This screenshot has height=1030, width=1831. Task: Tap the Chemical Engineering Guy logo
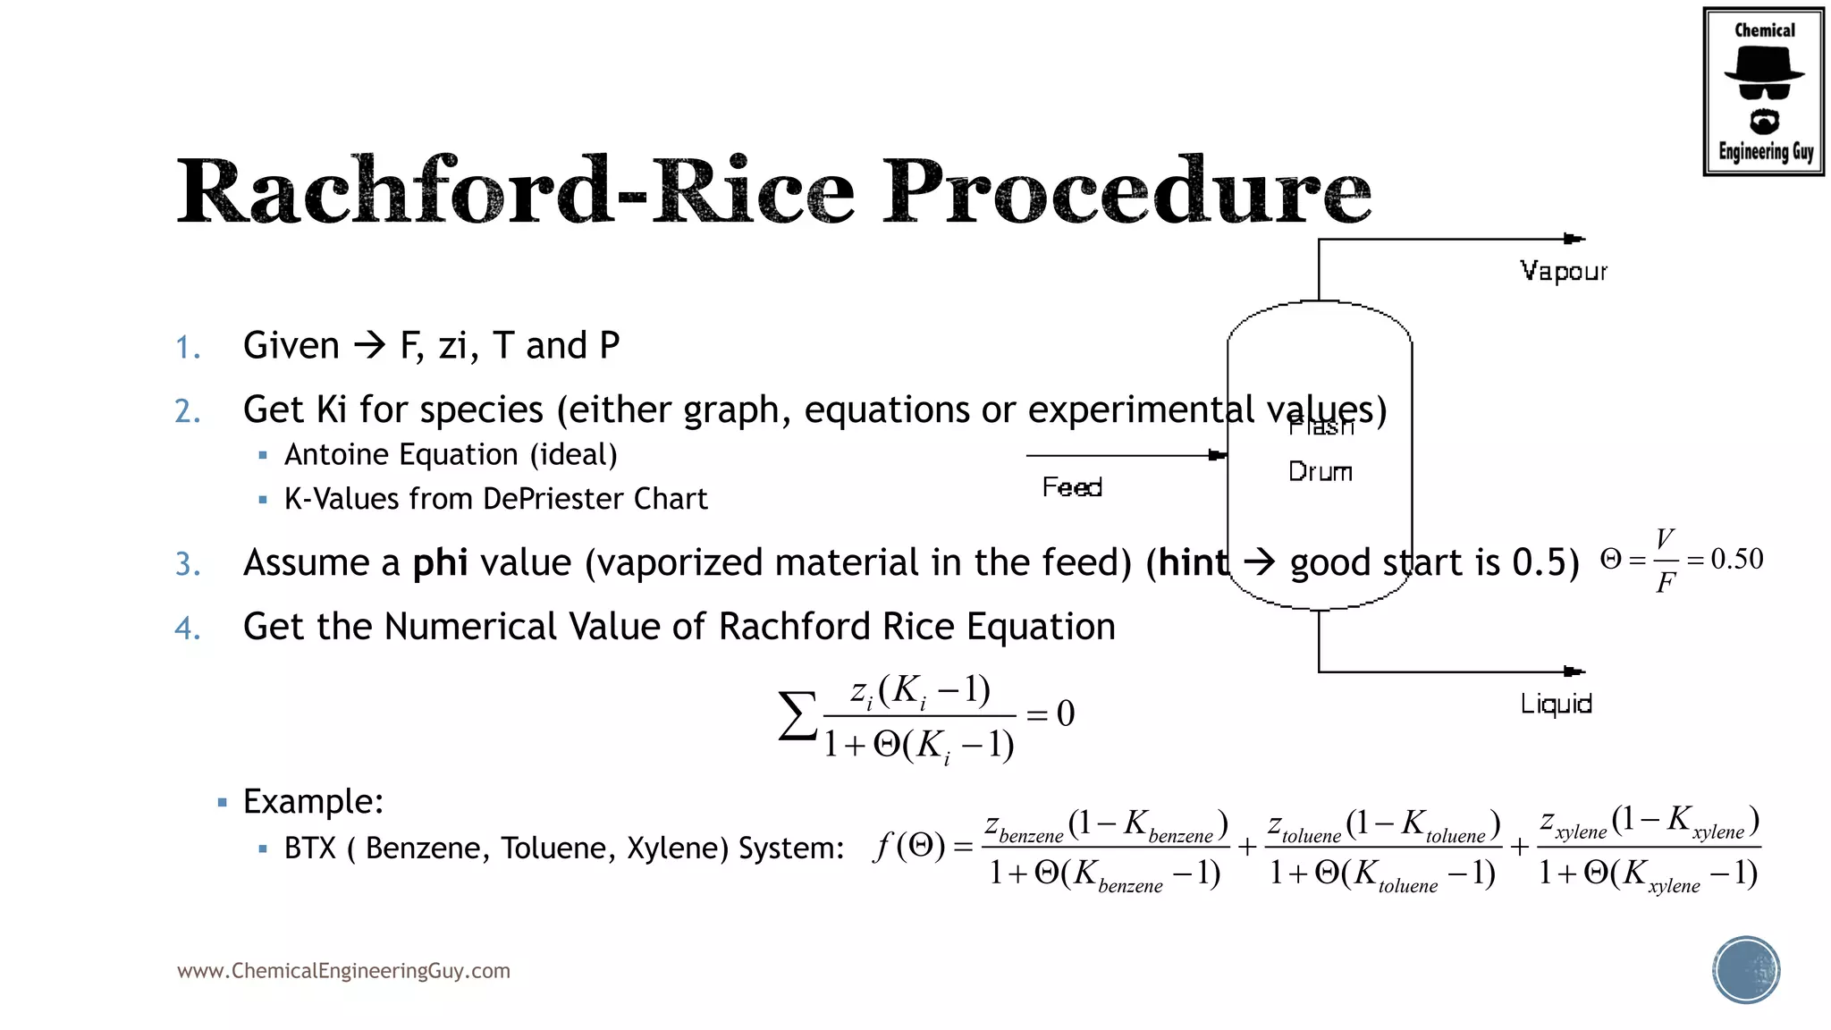[1763, 92]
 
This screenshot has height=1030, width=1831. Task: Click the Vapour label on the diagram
[1563, 271]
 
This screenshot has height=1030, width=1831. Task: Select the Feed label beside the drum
[1072, 487]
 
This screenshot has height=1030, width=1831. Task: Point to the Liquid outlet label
[1556, 704]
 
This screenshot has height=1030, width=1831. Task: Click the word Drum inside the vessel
[1320, 472]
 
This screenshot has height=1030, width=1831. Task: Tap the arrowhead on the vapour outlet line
[1574, 239]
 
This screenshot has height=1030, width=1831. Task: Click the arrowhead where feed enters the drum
[1217, 455]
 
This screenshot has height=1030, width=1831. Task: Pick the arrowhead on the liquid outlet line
[1574, 671]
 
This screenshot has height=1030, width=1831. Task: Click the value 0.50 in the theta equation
[1736, 560]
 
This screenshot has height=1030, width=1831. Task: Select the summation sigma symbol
[797, 716]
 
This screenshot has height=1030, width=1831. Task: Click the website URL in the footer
[343, 971]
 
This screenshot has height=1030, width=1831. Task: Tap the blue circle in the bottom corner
[1746, 970]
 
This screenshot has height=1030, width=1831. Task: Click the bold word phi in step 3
[440, 563]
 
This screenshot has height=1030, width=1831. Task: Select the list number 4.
[187, 629]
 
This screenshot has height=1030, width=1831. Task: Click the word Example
[313, 801]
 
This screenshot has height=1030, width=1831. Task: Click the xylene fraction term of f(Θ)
[1649, 848]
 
